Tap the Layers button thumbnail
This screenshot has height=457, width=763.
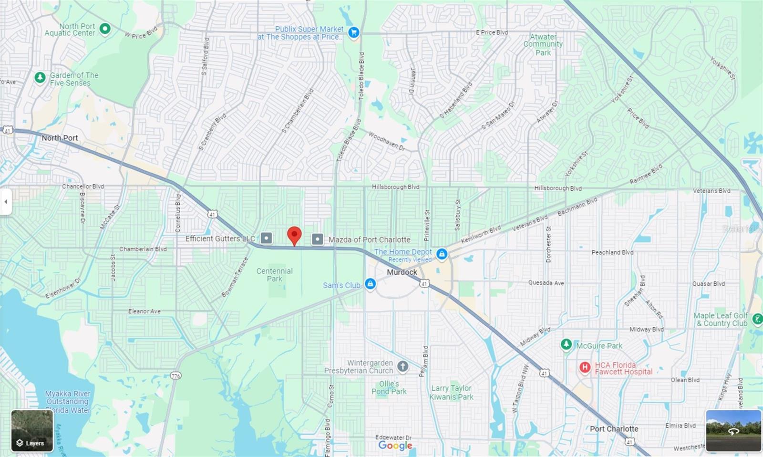pyautogui.click(x=32, y=431)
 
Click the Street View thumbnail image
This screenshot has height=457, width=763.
pyautogui.click(x=733, y=430)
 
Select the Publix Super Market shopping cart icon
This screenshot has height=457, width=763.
pyautogui.click(x=353, y=33)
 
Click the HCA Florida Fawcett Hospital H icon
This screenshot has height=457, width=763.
pyautogui.click(x=585, y=367)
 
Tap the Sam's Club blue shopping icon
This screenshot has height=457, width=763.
pyautogui.click(x=370, y=284)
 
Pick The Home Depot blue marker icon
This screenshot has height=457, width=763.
pyautogui.click(x=442, y=254)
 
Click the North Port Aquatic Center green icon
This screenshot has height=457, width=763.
pyautogui.click(x=105, y=30)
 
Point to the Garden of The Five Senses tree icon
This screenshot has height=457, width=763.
pyautogui.click(x=40, y=78)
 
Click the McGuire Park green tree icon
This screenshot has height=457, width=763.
pyautogui.click(x=566, y=344)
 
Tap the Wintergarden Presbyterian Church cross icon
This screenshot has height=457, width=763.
pyautogui.click(x=403, y=366)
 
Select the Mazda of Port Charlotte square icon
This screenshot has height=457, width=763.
pyautogui.click(x=317, y=239)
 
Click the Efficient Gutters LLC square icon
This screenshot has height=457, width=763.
pyautogui.click(x=267, y=238)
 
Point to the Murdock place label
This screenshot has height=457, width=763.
pyautogui.click(x=402, y=272)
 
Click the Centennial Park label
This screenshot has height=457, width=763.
pyautogui.click(x=274, y=275)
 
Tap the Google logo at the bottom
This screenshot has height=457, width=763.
pyautogui.click(x=395, y=445)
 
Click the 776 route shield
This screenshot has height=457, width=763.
pyautogui.click(x=176, y=376)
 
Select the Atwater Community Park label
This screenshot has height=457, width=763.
pyautogui.click(x=543, y=44)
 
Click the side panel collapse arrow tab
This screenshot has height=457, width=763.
pyautogui.click(x=6, y=202)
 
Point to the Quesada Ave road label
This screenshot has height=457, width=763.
pyautogui.click(x=546, y=283)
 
